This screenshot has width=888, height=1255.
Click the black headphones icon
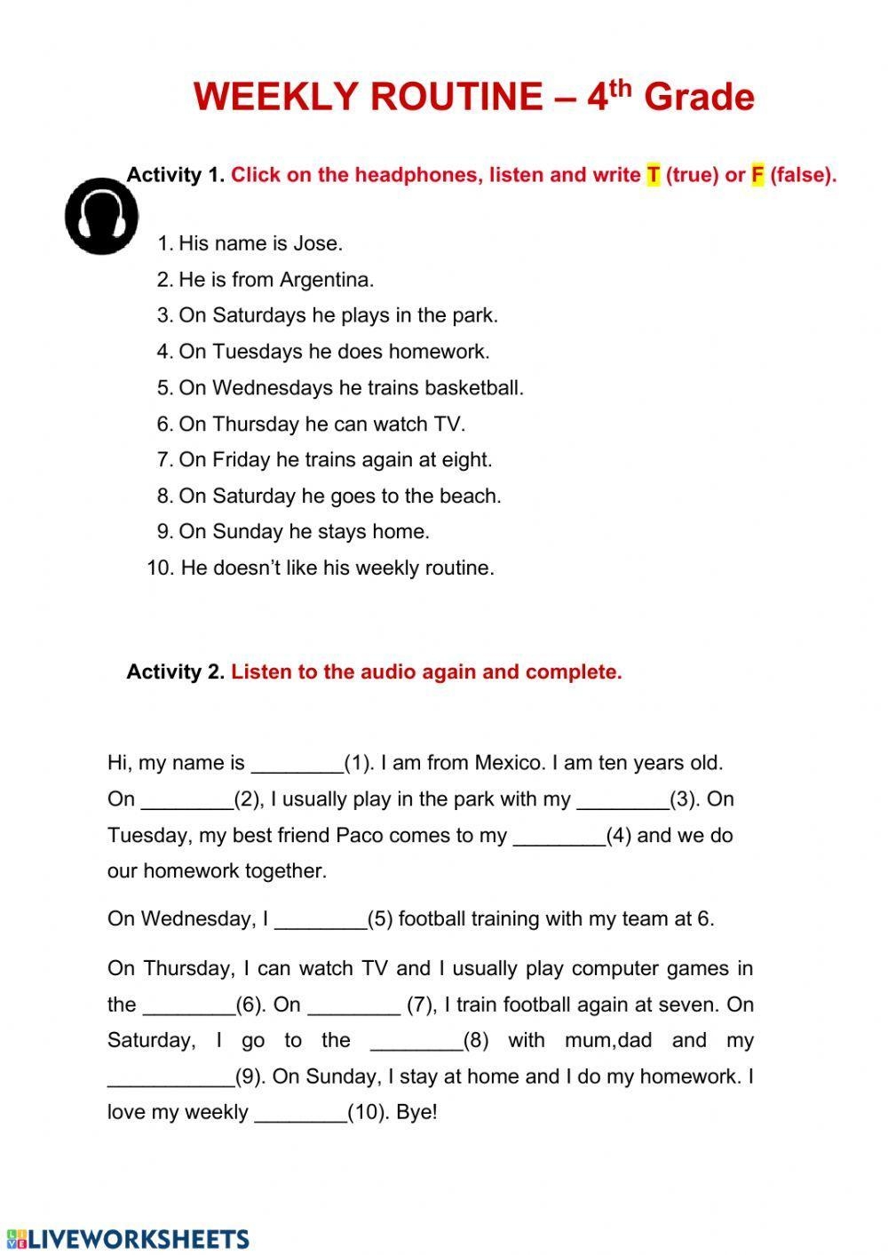coord(101,216)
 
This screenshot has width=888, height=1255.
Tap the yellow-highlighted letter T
coord(654,175)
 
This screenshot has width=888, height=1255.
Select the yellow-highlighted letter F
coord(757,175)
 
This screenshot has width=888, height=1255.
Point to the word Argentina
coord(326,280)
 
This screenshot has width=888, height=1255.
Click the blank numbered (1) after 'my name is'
coord(297,764)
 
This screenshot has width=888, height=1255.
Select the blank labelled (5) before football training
coord(321,920)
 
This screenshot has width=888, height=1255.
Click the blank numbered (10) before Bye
coord(300,1114)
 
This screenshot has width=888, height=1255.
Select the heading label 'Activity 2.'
coord(175,672)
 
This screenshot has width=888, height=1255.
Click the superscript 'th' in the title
coord(621,88)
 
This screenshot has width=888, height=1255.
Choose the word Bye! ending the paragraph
coord(416,1113)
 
